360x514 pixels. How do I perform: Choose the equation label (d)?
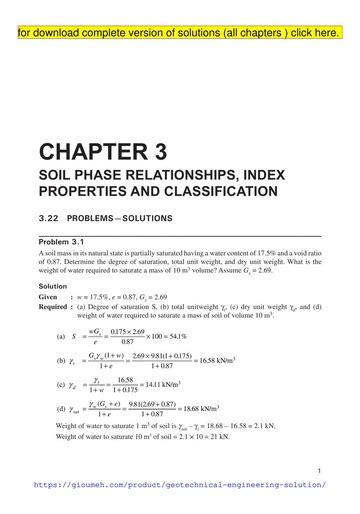pos(61,409)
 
